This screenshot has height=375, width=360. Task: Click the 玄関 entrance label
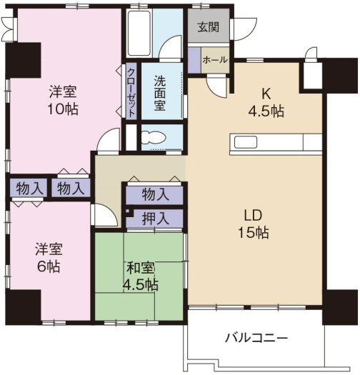209,27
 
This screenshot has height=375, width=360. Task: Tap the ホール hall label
215,59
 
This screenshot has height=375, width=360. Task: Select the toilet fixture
154,139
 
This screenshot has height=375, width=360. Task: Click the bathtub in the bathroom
139,33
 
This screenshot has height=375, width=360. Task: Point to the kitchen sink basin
246,142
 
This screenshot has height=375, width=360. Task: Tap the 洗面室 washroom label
160,93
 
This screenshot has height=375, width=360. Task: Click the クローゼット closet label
131,92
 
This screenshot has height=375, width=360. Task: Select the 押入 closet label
156,219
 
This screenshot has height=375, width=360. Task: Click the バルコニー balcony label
256,338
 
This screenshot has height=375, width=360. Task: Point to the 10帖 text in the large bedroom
63,109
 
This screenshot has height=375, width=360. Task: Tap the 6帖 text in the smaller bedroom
49,266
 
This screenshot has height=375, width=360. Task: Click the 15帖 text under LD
253,232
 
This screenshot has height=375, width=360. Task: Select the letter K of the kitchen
266,94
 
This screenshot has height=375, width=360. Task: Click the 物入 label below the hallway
156,194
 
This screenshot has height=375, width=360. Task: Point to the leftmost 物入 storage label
29,189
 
